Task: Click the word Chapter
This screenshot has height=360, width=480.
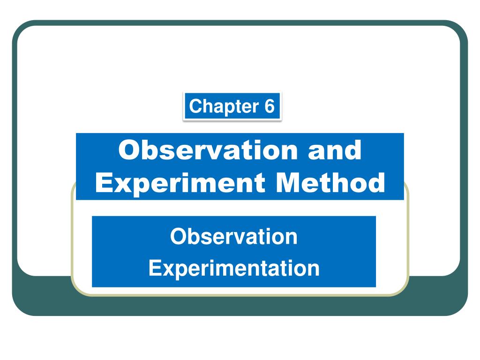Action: (224, 106)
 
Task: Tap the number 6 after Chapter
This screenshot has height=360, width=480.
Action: (270, 106)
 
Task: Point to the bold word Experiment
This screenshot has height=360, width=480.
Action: (180, 183)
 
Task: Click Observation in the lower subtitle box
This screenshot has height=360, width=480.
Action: (234, 236)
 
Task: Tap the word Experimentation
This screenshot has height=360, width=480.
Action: (234, 269)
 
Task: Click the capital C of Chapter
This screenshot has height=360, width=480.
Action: (195, 106)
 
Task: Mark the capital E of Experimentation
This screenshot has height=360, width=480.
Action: (154, 268)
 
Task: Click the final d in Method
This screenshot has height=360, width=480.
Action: (376, 182)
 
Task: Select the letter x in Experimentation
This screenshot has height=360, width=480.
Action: (166, 270)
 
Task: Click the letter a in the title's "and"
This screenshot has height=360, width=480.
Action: (316, 153)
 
